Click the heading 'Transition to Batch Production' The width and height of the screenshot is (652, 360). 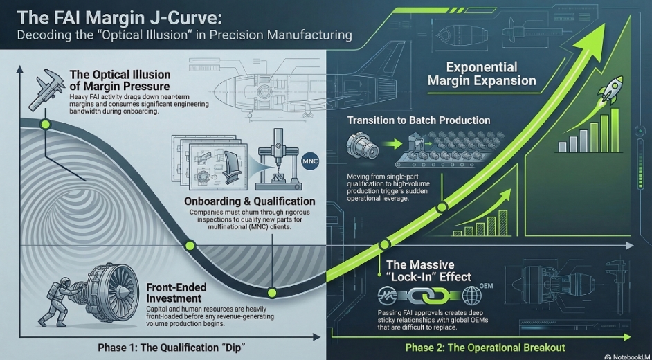click(x=418, y=120)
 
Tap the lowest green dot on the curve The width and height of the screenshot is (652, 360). click(x=273, y=291)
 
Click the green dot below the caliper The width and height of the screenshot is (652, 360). click(x=45, y=125)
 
